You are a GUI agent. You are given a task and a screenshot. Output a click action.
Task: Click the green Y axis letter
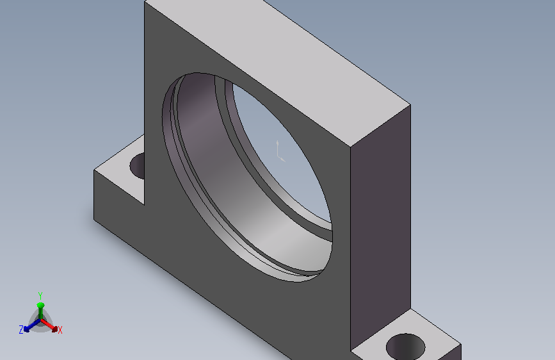pyautogui.click(x=40, y=295)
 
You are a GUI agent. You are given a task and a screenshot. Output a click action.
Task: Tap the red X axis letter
pyautogui.click(x=60, y=331)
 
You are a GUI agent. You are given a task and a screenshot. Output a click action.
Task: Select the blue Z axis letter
pyautogui.click(x=21, y=330)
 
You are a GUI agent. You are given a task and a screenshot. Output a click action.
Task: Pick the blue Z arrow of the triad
pyautogui.click(x=32, y=325)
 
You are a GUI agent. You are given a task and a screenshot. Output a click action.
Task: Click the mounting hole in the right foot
pyautogui.click(x=406, y=347)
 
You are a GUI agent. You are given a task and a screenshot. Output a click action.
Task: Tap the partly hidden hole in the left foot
pyautogui.click(x=138, y=166)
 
